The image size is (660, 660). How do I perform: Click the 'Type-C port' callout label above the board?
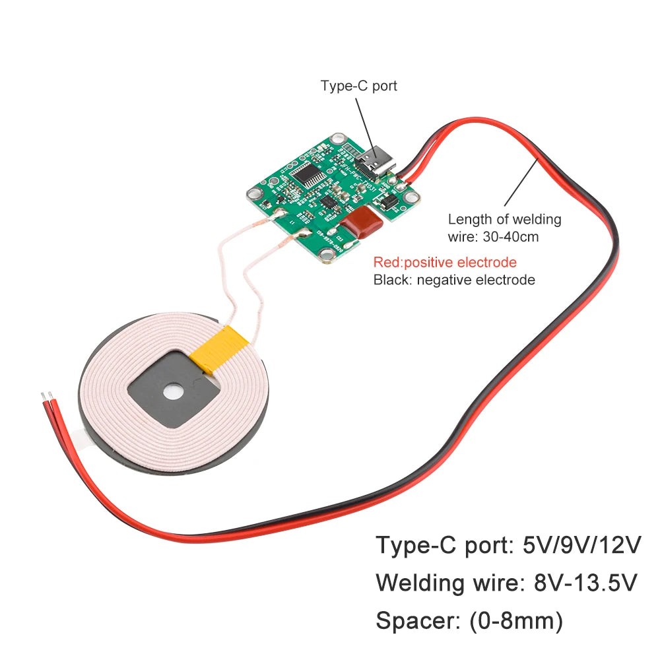coord(359,86)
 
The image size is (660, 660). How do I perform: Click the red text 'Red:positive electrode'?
coord(445,262)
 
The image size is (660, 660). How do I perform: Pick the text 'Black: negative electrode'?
coord(454,280)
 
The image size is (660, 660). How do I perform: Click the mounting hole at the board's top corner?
coord(339,139)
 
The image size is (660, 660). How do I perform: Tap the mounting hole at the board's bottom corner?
coord(325,256)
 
